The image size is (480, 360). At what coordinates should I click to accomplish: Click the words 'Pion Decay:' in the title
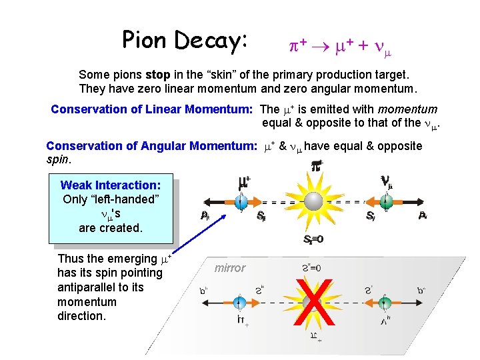(x=185, y=41)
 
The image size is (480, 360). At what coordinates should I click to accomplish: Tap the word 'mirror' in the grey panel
(x=230, y=268)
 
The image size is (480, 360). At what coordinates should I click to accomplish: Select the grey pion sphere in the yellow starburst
(x=313, y=201)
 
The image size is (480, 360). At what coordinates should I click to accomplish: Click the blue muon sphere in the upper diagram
(x=241, y=201)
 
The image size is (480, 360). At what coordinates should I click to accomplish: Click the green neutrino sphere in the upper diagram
(x=385, y=201)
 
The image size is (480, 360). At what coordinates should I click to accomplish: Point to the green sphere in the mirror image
(x=385, y=303)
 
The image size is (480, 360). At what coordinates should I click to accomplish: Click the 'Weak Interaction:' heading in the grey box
(x=110, y=185)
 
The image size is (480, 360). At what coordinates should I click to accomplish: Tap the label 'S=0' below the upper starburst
(x=313, y=239)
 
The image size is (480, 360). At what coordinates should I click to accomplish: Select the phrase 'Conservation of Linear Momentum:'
(x=153, y=109)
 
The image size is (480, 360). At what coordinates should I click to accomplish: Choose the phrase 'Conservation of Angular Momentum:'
(x=152, y=145)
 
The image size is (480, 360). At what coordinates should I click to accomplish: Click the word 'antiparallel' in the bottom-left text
(x=89, y=287)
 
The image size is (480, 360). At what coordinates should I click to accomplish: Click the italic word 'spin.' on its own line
(x=58, y=160)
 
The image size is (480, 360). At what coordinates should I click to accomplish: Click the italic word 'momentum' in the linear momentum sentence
(x=407, y=109)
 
